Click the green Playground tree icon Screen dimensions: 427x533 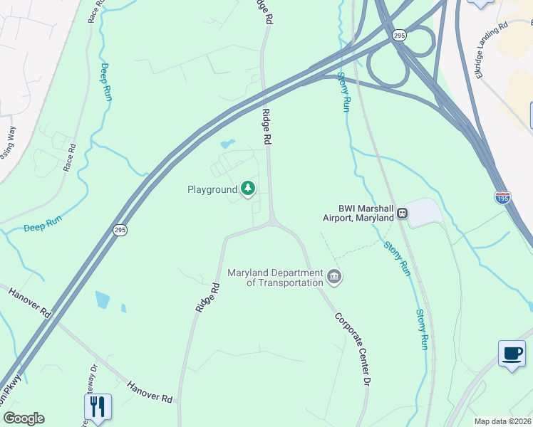[248, 189]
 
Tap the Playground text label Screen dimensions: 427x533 [212, 190]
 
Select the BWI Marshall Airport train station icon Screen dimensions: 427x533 [403, 212]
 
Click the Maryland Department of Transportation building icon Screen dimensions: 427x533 [334, 276]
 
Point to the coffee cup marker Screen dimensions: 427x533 [512, 354]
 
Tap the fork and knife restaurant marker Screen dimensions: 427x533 [98, 406]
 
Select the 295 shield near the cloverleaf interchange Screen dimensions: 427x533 [399, 35]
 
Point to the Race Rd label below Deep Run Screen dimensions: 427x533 [70, 157]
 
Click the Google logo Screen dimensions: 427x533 [24, 418]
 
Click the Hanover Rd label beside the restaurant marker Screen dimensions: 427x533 [150, 391]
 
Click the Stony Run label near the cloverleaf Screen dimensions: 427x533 [344, 92]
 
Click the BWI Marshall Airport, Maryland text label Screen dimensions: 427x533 [357, 213]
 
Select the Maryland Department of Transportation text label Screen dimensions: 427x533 [275, 278]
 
